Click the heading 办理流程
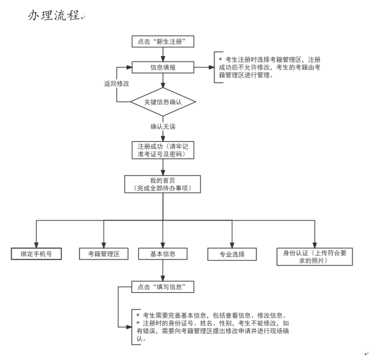53,16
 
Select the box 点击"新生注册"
162,42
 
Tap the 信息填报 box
162,67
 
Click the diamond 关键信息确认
162,102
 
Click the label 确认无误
162,127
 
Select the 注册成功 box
162,150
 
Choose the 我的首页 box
162,184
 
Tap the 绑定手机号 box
37,254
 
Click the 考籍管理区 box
103,254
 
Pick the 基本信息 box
162,254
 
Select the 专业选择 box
232,254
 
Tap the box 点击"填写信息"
162,287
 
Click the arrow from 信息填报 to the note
204,67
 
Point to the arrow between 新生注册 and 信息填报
162,54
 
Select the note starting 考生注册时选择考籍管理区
269,67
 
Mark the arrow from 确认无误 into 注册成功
162,136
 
